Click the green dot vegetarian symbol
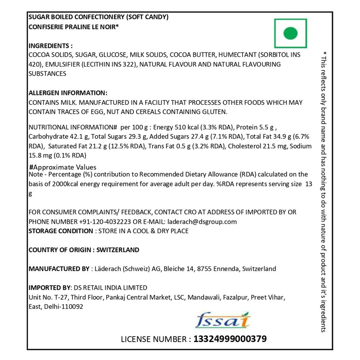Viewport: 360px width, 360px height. click(291, 33)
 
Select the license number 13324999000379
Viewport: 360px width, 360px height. click(230, 339)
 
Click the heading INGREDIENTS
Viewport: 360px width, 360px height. click(50, 46)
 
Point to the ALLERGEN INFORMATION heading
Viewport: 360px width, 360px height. click(68, 93)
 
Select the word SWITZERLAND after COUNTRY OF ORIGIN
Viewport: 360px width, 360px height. click(118, 250)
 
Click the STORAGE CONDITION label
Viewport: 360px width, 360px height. click(60, 231)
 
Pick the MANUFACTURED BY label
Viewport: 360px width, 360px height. click(59, 269)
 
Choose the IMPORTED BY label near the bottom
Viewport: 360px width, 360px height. click(50, 288)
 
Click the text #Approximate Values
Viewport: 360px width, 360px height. click(63, 167)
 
